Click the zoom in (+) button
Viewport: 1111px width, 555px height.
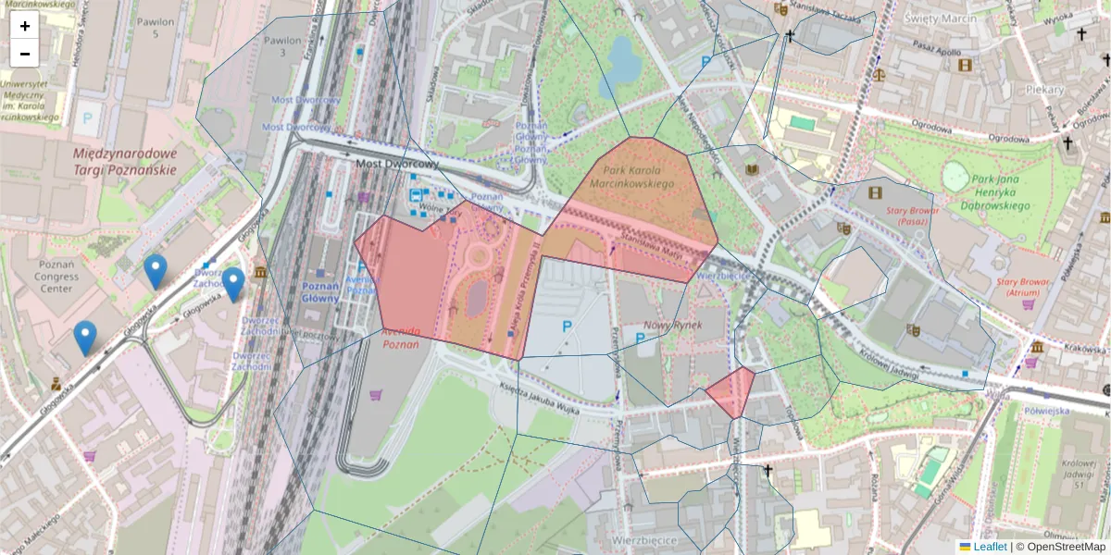(x=25, y=26)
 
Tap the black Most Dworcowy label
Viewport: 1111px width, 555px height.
(x=397, y=163)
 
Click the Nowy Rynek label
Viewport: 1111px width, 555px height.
(x=674, y=325)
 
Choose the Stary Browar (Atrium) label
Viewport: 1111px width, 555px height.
(x=1026, y=286)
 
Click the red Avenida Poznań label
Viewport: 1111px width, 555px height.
(x=401, y=337)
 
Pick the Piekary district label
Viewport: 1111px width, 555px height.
(x=1044, y=90)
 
